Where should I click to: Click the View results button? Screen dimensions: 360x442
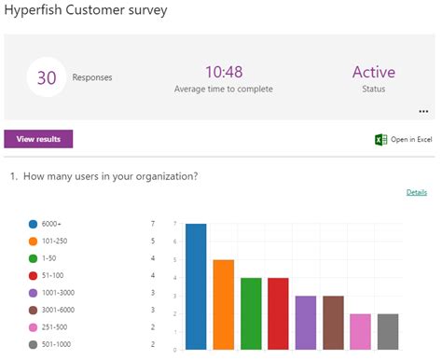pos(38,139)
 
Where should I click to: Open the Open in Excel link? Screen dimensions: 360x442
pos(411,140)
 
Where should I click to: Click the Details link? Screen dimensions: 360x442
pos(416,192)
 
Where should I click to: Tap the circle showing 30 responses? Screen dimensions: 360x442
pos(48,77)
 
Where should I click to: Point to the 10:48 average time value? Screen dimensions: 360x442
pos(223,72)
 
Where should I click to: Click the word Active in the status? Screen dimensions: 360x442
pos(373,72)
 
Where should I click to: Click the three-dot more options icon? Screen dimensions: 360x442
pos(422,110)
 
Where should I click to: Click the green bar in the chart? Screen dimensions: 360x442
pos(251,313)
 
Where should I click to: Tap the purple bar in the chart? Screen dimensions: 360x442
pos(306,323)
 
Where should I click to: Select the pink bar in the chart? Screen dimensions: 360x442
pos(360,331)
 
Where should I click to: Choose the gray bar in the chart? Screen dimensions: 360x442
pos(387,331)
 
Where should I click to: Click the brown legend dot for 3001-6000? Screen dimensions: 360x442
pos(34,310)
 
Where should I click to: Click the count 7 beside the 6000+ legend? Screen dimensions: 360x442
pos(152,224)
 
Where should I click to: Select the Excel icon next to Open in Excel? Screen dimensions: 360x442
pos(380,140)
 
